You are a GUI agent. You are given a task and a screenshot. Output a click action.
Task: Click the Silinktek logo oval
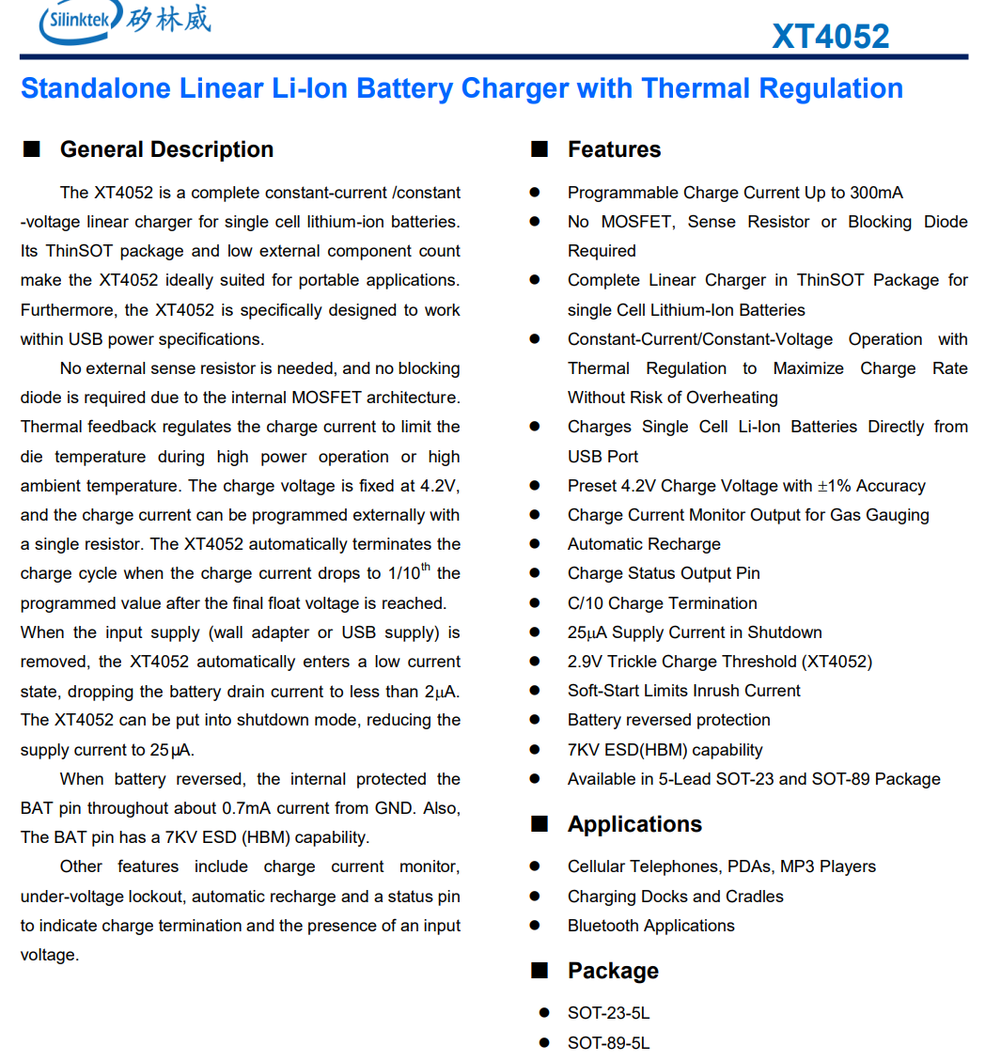click(79, 21)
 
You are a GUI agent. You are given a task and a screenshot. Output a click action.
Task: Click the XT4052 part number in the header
click(830, 37)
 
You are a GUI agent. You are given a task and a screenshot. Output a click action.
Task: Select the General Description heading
click(166, 149)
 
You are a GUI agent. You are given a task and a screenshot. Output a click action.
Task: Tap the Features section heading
click(614, 149)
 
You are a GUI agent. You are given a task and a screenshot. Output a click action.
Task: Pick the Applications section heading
click(634, 824)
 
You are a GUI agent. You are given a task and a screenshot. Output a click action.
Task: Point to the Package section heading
click(613, 971)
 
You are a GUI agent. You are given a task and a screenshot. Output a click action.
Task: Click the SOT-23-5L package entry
click(608, 1013)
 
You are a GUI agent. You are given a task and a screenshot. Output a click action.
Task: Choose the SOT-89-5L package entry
click(608, 1043)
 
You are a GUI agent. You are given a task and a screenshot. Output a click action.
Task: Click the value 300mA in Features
click(876, 193)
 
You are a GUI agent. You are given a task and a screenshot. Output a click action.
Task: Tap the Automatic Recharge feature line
click(644, 544)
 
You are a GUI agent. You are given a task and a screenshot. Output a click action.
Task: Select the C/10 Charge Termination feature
click(662, 603)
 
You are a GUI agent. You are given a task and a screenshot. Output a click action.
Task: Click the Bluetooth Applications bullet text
click(650, 926)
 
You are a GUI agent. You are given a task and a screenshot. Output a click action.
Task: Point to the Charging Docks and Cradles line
click(675, 897)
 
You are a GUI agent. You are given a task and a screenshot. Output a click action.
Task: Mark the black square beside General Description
click(32, 149)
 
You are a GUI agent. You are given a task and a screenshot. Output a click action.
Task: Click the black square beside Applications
click(540, 824)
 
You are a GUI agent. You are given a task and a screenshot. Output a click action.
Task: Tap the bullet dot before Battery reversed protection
click(535, 720)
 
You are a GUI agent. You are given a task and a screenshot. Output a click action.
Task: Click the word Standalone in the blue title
click(96, 88)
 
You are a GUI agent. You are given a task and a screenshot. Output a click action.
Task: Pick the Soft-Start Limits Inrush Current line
click(683, 691)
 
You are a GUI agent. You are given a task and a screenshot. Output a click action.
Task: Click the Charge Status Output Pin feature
click(664, 573)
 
